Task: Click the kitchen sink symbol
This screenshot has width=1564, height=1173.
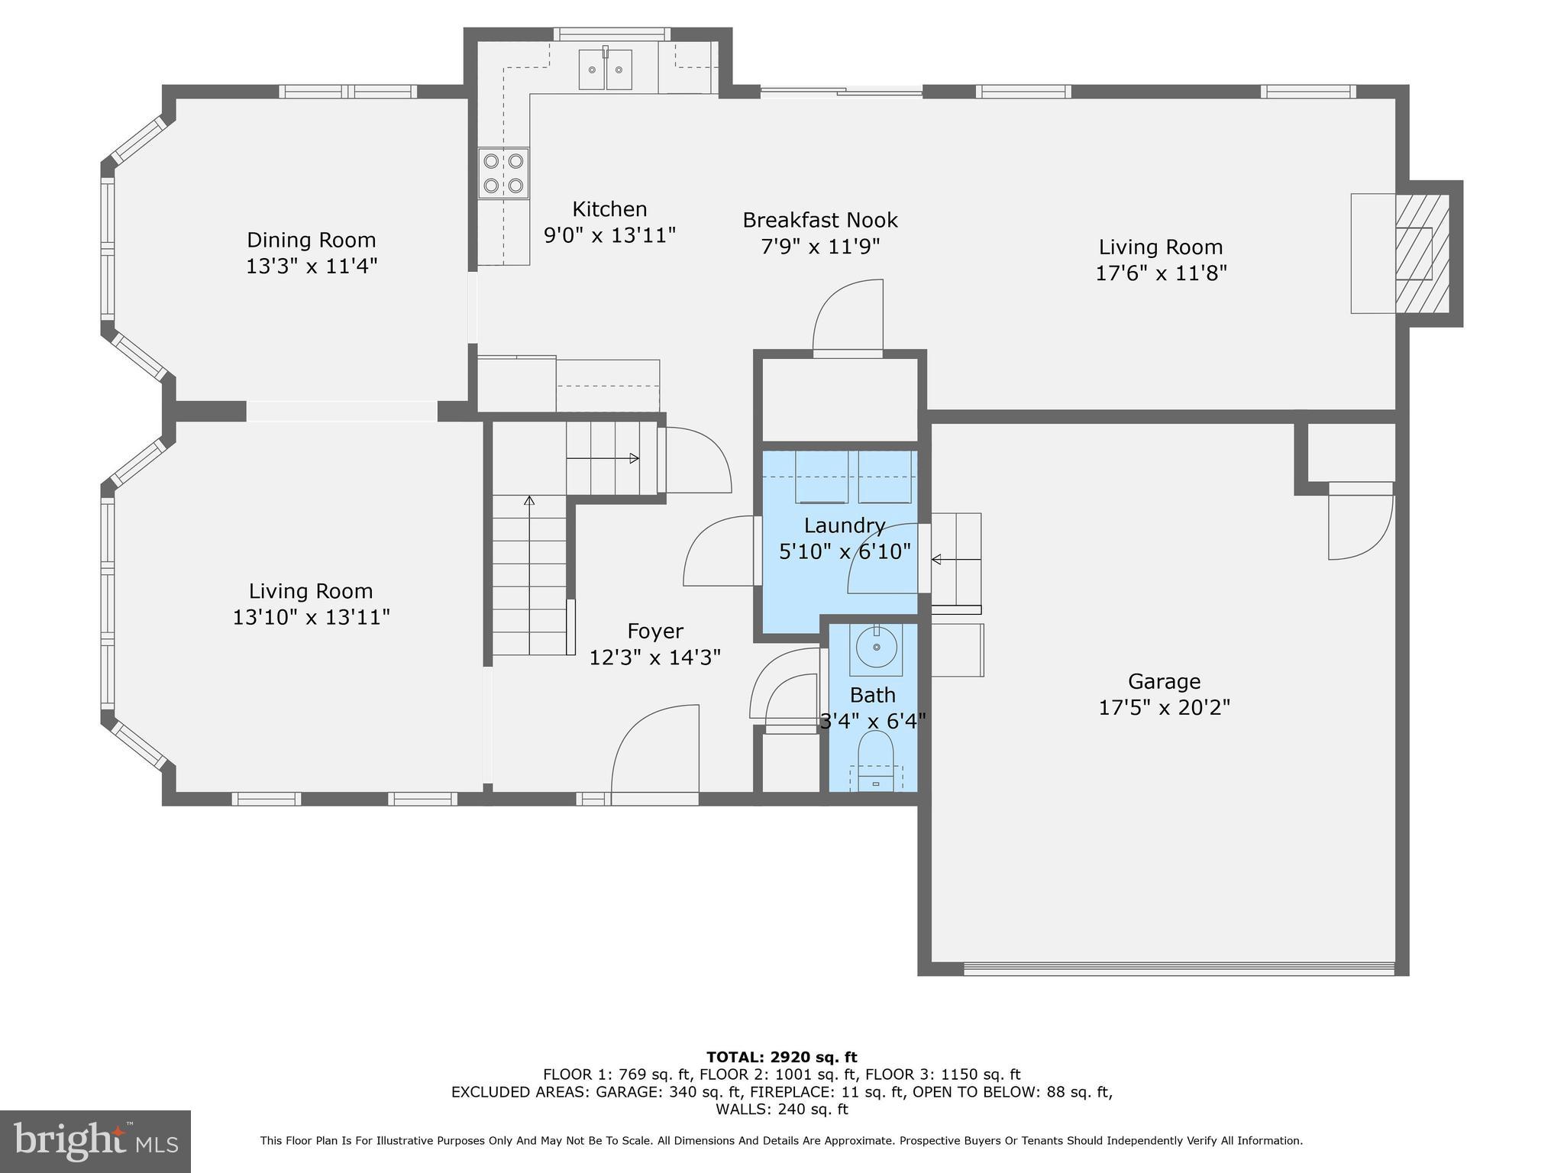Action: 606,69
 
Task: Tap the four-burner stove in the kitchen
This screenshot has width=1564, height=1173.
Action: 503,173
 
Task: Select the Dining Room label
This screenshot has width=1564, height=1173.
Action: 311,240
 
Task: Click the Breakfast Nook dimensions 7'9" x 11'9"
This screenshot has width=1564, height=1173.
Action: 820,247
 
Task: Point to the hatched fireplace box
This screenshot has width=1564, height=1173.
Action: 1422,254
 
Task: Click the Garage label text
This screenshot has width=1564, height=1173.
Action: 1164,681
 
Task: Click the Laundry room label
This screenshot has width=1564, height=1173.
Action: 844,525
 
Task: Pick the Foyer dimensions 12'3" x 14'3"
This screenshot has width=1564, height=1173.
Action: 654,657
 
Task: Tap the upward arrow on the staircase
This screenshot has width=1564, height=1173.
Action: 528,502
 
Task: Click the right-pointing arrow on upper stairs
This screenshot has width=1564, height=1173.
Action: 633,458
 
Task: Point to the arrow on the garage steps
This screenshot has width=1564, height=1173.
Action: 936,560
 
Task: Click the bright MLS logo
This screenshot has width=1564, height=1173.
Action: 95,1141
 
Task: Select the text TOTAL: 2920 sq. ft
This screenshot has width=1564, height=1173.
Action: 781,1057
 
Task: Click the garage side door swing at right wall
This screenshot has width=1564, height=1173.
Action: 1359,527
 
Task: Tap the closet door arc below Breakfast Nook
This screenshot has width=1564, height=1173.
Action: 848,316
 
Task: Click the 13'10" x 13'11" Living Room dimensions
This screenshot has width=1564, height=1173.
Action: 311,617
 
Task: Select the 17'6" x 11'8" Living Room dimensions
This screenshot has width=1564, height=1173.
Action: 1161,273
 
